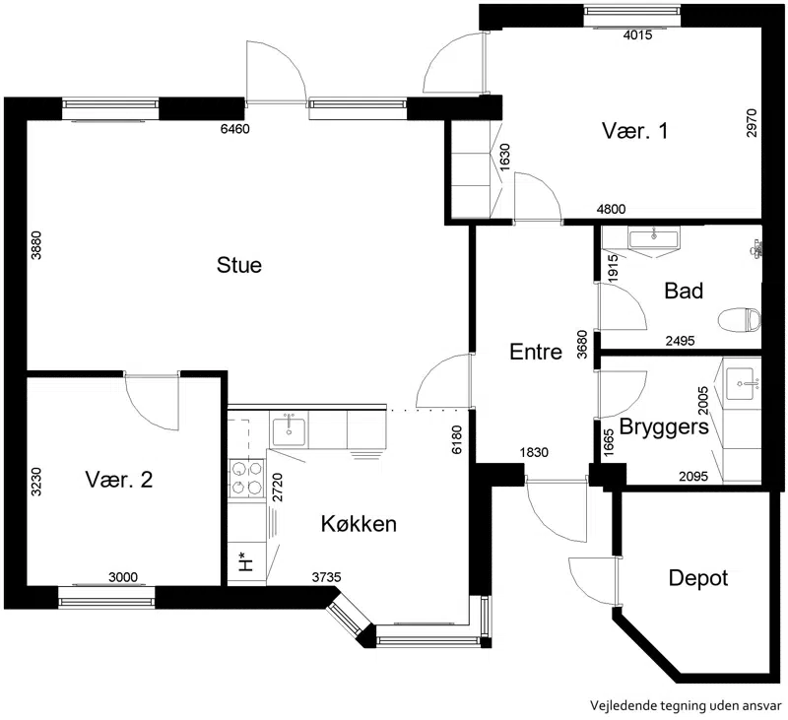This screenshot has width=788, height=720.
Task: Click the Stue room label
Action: tap(239, 265)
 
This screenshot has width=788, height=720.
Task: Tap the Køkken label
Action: tap(359, 524)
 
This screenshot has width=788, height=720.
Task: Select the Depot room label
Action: tap(698, 578)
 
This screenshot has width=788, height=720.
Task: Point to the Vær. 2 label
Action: tap(119, 480)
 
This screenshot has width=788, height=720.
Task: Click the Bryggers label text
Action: tap(664, 427)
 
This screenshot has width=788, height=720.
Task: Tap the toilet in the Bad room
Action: tap(740, 320)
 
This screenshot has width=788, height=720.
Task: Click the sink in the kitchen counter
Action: tap(289, 431)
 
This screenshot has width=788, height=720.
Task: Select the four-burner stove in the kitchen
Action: tap(247, 478)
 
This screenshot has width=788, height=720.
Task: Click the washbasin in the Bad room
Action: tap(653, 237)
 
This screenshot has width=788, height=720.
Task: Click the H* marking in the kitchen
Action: tap(244, 562)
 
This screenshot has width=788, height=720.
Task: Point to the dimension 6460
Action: tap(235, 129)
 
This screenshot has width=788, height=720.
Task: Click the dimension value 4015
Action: tap(637, 34)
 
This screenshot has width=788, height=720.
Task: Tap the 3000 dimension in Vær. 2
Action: tap(123, 577)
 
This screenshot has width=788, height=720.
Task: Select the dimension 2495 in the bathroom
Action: tap(680, 341)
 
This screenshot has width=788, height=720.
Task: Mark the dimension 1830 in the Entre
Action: tap(534, 452)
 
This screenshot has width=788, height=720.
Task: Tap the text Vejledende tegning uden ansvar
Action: tap(686, 705)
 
